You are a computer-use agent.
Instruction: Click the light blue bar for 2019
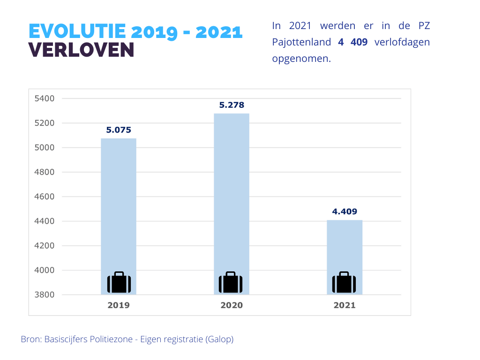119,206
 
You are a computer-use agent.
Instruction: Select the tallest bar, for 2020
232,192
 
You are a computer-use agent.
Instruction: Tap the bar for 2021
345,244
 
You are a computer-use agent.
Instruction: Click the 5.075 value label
119,130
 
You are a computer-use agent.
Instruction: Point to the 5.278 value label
232,105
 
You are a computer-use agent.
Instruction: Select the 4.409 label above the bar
345,211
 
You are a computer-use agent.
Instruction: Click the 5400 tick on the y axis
45,98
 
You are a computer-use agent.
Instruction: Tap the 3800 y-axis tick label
45,295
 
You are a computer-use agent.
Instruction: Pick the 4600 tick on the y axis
45,197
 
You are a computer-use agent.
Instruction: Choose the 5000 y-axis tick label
45,148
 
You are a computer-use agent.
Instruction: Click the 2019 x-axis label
119,305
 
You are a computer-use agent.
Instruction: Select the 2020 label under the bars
232,305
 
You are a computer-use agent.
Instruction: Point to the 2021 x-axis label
345,305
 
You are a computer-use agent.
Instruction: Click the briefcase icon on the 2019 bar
119,283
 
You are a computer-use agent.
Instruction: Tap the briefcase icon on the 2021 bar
344,283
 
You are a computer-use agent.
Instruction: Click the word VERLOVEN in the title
82,50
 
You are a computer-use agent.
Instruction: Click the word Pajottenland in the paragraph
301,42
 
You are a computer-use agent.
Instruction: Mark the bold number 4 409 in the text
352,42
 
